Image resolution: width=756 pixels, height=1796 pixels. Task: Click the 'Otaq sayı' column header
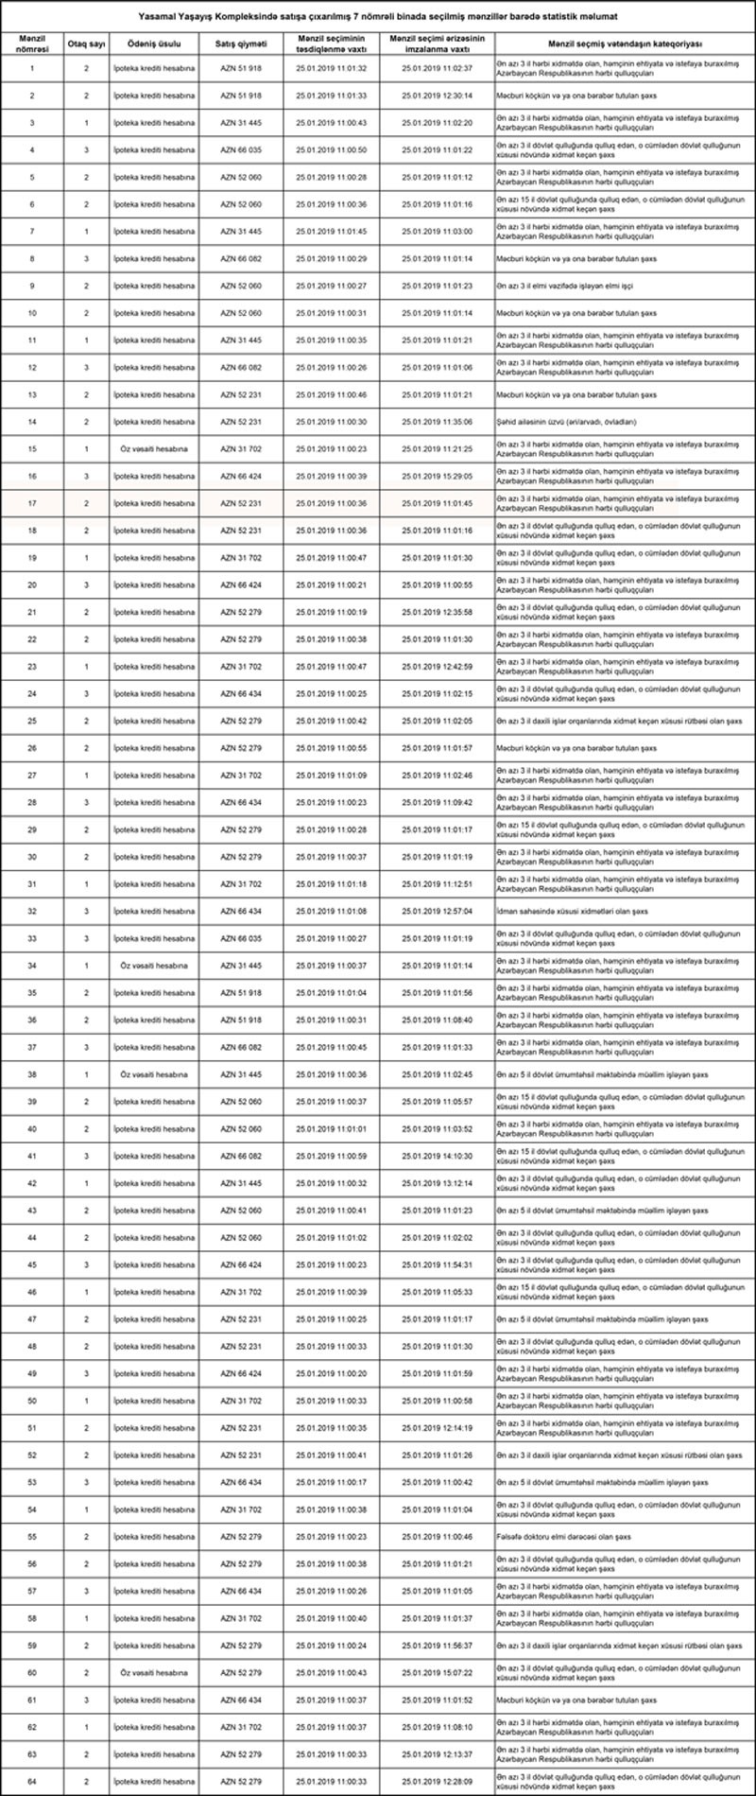pyautogui.click(x=86, y=44)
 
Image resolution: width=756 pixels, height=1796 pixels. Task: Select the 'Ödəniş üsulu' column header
pyautogui.click(x=154, y=44)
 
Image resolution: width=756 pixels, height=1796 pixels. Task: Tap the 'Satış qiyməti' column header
pyautogui.click(x=242, y=44)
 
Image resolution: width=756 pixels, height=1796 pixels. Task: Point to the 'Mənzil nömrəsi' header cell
pyautogui.click(x=32, y=44)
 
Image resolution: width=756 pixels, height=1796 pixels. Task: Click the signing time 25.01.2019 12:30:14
pyautogui.click(x=437, y=96)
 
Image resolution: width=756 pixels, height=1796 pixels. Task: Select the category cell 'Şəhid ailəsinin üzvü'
pyautogui.click(x=566, y=422)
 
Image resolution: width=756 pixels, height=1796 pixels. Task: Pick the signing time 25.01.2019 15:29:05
pyautogui.click(x=437, y=477)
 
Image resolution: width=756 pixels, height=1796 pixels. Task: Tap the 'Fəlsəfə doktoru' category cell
pyautogui.click(x=564, y=1537)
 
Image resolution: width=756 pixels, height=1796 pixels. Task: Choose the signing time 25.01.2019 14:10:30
pyautogui.click(x=437, y=1156)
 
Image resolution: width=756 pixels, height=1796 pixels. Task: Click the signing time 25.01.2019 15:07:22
pyautogui.click(x=437, y=1672)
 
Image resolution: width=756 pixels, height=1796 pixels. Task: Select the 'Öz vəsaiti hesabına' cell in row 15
pyautogui.click(x=154, y=449)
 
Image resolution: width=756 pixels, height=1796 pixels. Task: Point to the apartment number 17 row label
pyautogui.click(x=32, y=503)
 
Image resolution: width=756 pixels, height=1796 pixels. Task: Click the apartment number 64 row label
pyautogui.click(x=32, y=1781)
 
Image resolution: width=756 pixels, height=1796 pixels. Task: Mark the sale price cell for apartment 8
pyautogui.click(x=242, y=258)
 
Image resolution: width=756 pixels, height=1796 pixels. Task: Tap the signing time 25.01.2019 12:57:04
pyautogui.click(x=437, y=912)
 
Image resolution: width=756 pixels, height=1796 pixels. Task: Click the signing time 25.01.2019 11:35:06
pyautogui.click(x=437, y=422)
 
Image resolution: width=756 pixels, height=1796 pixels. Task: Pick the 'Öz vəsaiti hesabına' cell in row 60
pyautogui.click(x=154, y=1672)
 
